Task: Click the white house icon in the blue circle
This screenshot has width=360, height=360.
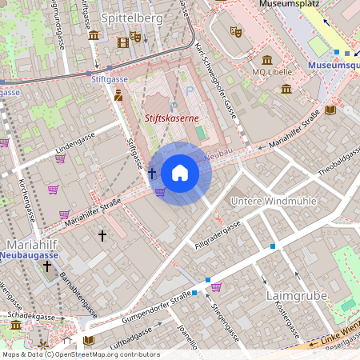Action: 180,173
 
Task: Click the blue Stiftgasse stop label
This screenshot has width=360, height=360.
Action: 110,80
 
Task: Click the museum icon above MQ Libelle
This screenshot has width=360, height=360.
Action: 267,60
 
